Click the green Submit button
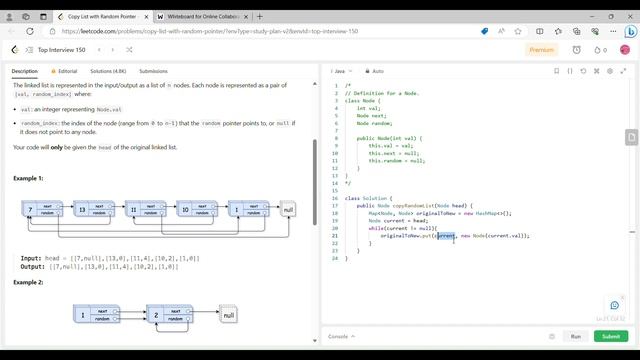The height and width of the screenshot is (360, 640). [x=609, y=337]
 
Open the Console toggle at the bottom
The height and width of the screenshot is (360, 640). [x=340, y=337]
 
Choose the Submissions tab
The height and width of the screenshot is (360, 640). [x=153, y=71]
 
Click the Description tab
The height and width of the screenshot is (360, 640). [x=25, y=71]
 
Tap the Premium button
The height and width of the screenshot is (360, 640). [x=541, y=49]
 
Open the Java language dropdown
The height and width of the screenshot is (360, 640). [x=342, y=71]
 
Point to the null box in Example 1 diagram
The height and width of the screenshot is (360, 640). [x=288, y=209]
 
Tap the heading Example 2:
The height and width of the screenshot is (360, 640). [x=28, y=282]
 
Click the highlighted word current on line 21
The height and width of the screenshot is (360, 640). [x=446, y=236]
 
